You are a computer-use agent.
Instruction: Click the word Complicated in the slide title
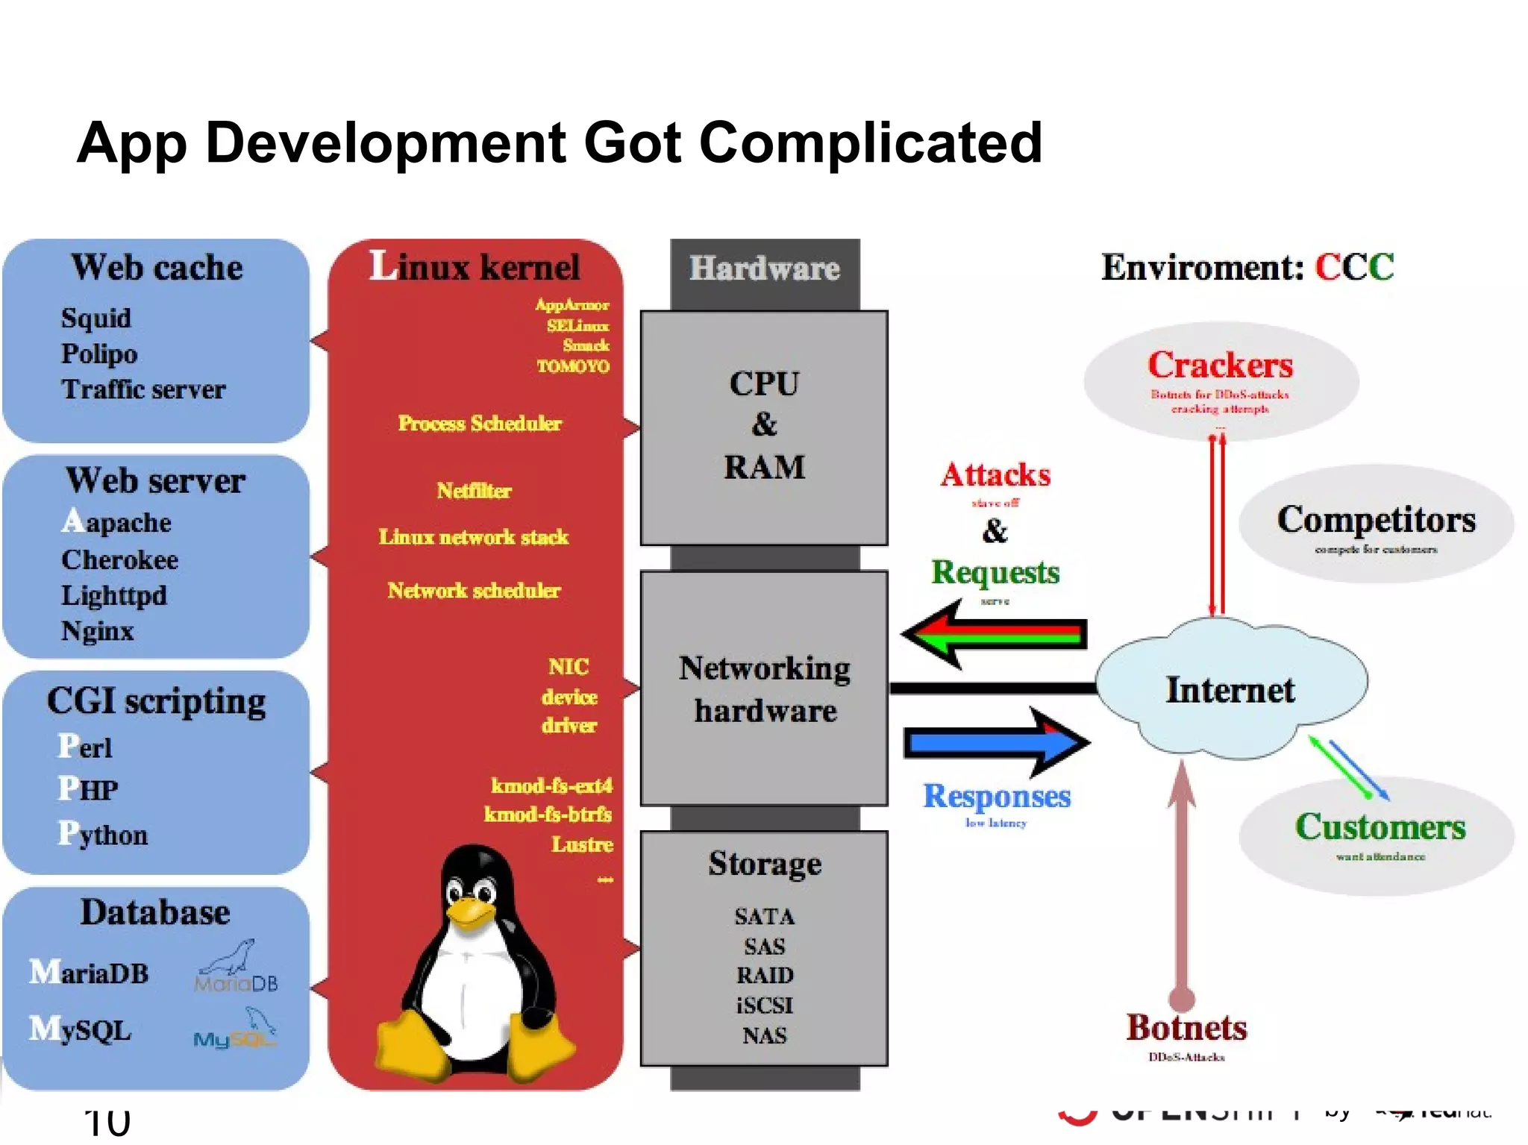(x=870, y=143)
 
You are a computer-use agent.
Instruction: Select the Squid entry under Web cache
(x=95, y=319)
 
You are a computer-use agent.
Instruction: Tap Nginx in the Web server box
(x=97, y=631)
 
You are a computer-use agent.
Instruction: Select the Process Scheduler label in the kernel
(x=479, y=424)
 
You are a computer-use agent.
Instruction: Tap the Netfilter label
(x=474, y=491)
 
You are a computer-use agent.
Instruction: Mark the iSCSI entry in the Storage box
(x=764, y=1006)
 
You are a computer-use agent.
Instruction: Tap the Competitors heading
(x=1376, y=520)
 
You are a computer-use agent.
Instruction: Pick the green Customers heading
(x=1380, y=827)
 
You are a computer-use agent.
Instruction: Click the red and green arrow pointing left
(x=992, y=635)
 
